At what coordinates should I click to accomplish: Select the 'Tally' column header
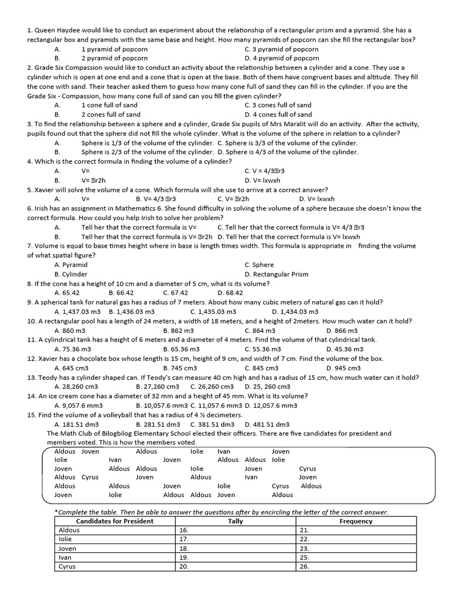pos(236,521)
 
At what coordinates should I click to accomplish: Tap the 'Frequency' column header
pos(356,521)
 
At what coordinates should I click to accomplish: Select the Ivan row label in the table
pos(66,558)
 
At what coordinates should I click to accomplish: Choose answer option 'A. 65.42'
pos(67,293)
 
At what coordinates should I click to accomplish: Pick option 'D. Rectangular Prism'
pos(276,274)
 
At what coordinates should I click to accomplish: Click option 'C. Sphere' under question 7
pos(259,265)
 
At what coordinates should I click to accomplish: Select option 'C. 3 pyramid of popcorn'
pos(281,49)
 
